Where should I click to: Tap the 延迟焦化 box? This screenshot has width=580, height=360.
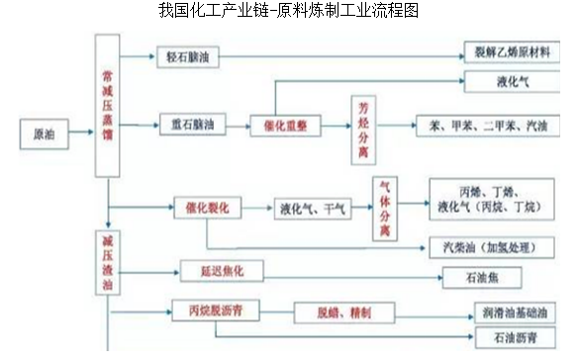coord(206,270)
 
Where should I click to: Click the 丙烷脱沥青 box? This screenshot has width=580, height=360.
coord(216,311)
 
